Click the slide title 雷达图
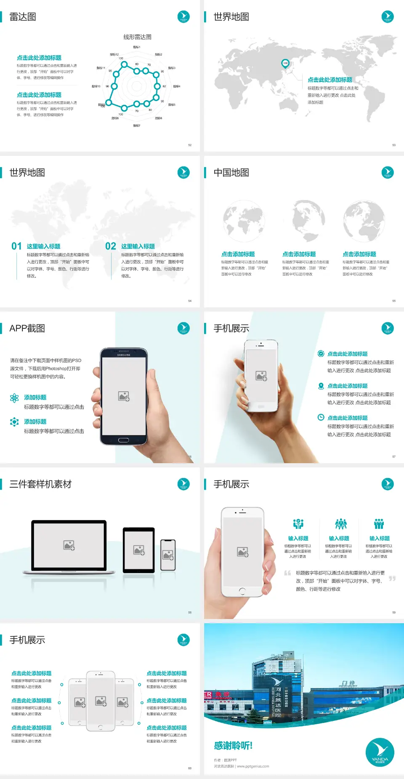coord(23,17)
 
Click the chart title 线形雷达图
coord(137,37)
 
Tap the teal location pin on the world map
coord(285,64)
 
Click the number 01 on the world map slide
coord(16,246)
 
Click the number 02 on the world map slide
coord(111,246)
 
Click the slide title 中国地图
coord(231,173)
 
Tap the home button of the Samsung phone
coord(123,440)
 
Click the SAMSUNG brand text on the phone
coord(124,355)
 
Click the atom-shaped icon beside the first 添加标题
coord(14,398)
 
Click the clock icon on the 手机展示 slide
coord(321,417)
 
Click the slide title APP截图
coord(27,328)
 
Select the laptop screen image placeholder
coord(69,545)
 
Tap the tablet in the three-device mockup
coord(139,550)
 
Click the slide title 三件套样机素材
coord(40,484)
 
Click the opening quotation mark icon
coord(287,573)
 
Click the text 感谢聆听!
coord(233,746)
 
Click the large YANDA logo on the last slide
coord(380,752)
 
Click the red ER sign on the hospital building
coord(208,694)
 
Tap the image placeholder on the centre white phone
coord(101,701)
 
